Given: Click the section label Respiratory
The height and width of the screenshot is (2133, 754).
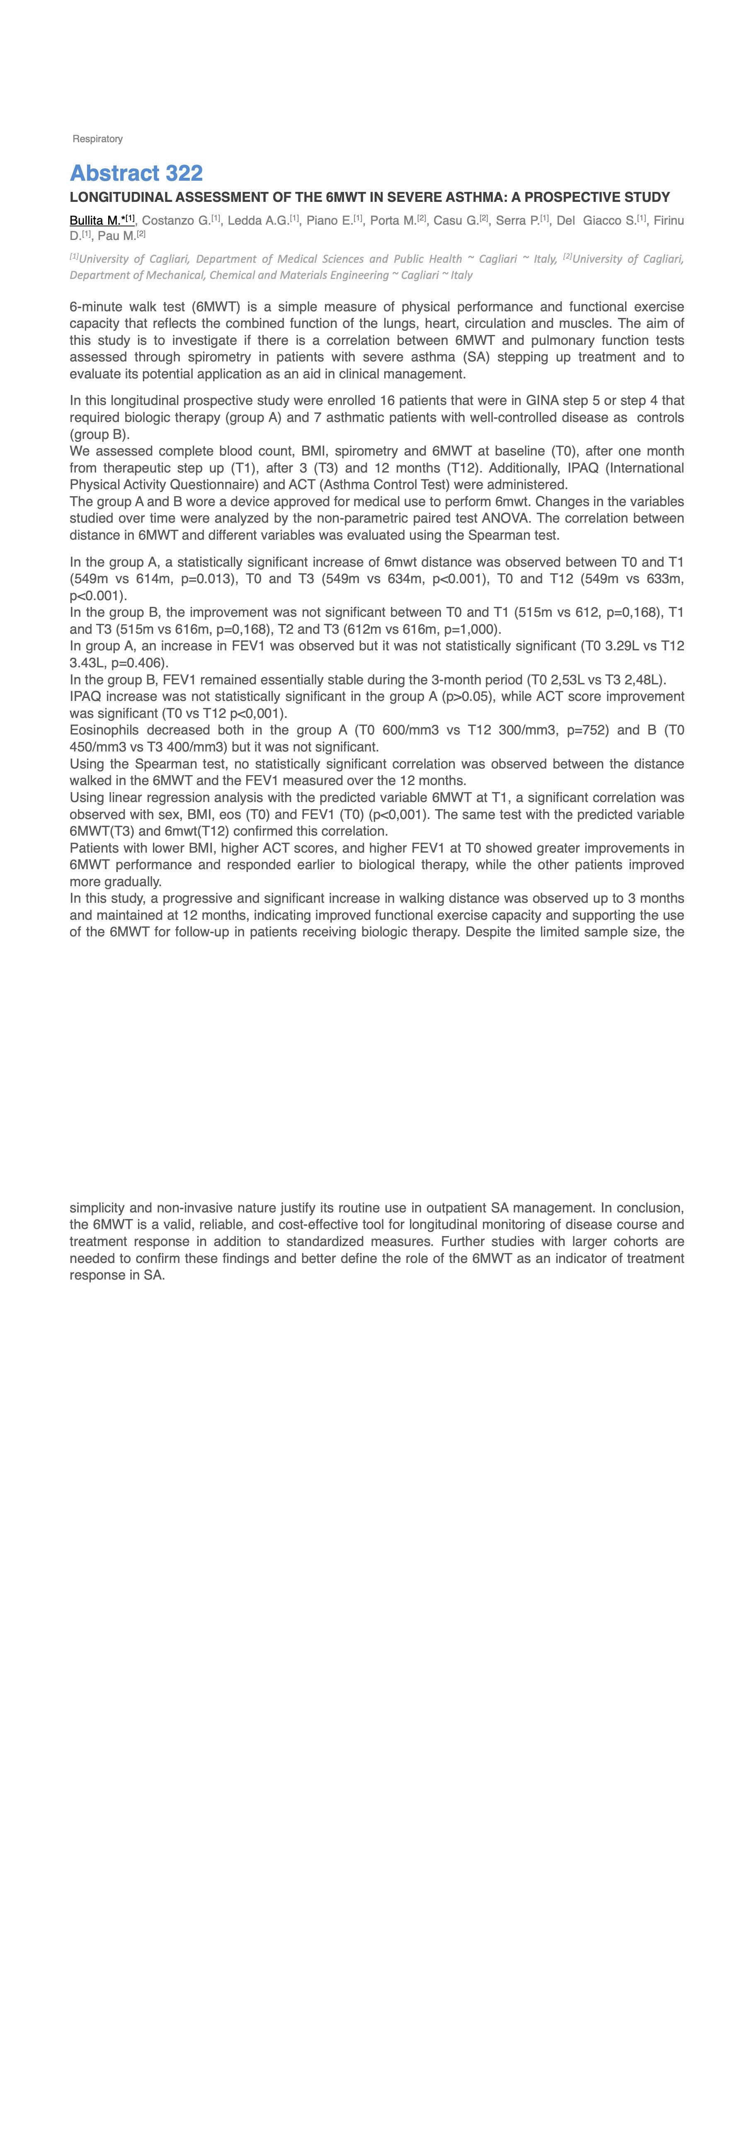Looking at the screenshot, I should coord(98,139).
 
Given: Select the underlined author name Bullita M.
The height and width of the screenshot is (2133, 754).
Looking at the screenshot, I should coord(96,220).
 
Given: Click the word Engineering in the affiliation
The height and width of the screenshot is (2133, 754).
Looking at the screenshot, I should coord(356,275).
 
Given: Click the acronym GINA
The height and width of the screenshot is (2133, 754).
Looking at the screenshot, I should coord(542,401).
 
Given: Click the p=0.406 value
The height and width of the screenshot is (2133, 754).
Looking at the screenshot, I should coord(137,662).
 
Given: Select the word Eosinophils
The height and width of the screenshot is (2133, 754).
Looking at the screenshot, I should coord(104,730).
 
